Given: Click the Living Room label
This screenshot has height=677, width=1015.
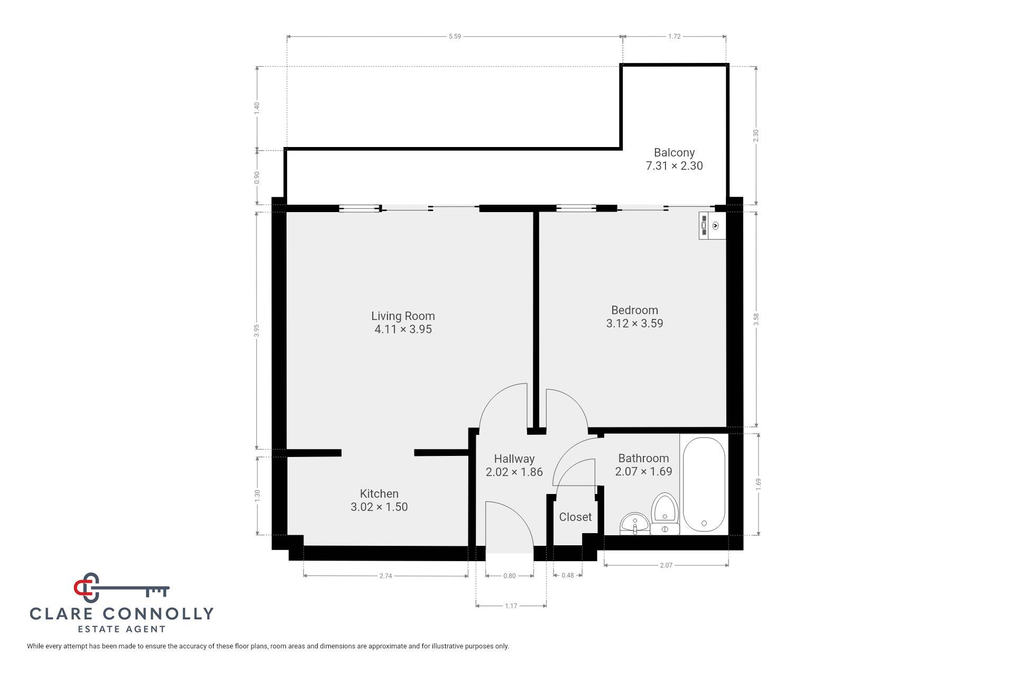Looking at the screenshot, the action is click(x=403, y=316).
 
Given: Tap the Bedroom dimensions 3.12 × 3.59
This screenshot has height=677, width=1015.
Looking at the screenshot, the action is click(x=634, y=323).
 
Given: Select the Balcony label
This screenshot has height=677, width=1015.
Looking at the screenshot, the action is click(x=674, y=152).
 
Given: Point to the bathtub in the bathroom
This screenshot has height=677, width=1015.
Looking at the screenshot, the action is click(x=704, y=483).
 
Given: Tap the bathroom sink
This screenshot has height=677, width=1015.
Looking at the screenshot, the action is click(x=634, y=524).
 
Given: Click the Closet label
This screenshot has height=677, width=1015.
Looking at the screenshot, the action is click(x=575, y=517).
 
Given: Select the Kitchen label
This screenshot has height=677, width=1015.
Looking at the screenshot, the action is click(x=379, y=493).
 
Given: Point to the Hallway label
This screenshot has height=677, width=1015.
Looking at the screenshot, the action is click(x=514, y=459).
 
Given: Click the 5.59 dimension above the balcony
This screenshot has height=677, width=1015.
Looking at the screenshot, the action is click(x=455, y=36).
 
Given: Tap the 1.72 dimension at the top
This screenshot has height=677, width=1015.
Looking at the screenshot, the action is click(x=674, y=36).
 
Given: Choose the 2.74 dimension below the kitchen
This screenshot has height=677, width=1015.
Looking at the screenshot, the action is click(x=386, y=576).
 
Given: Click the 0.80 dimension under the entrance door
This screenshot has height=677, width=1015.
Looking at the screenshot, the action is click(x=509, y=576).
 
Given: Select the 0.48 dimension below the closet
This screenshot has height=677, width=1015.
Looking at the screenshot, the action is click(x=567, y=575).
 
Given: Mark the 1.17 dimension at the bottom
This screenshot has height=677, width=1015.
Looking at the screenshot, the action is click(x=511, y=606).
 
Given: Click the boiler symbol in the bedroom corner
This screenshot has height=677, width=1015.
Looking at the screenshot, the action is click(x=712, y=226).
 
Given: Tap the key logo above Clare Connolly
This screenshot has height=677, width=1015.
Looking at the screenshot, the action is click(x=122, y=588).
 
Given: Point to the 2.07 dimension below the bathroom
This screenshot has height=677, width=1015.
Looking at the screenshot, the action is click(x=666, y=565).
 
